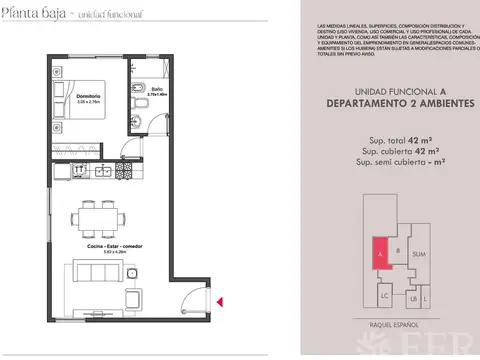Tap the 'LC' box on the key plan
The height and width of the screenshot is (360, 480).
click(x=385, y=297)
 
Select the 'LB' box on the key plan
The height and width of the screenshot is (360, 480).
click(x=413, y=298)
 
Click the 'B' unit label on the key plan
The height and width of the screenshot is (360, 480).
click(x=398, y=250)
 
